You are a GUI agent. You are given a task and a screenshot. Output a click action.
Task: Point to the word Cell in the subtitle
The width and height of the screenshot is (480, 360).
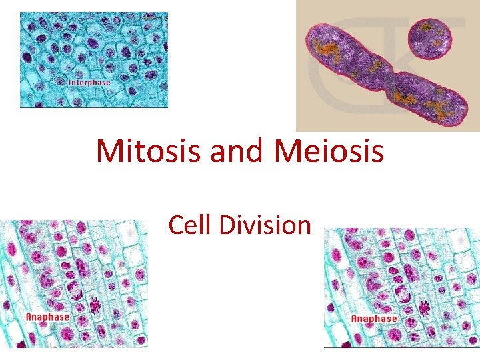tap(190, 225)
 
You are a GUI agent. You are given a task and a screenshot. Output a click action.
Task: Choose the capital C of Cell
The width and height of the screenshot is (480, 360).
tap(175, 225)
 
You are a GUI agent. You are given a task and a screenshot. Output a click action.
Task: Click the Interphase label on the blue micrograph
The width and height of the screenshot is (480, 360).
tap(90, 83)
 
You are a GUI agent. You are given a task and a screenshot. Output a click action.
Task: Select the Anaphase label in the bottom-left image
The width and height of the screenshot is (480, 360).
tap(47, 317)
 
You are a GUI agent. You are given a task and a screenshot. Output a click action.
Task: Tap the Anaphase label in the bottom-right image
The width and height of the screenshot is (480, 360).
tap(374, 318)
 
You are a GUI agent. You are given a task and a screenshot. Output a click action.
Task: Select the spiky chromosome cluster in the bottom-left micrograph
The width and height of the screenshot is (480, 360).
tap(97, 306)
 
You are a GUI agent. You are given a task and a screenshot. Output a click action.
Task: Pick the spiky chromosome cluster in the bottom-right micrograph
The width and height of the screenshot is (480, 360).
tap(423, 308)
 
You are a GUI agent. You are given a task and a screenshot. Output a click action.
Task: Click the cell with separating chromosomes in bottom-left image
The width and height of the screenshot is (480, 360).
tap(75, 291)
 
